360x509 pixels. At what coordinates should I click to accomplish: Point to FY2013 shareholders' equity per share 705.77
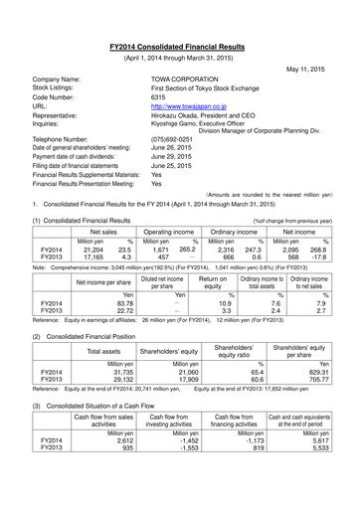tap(331, 424)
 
